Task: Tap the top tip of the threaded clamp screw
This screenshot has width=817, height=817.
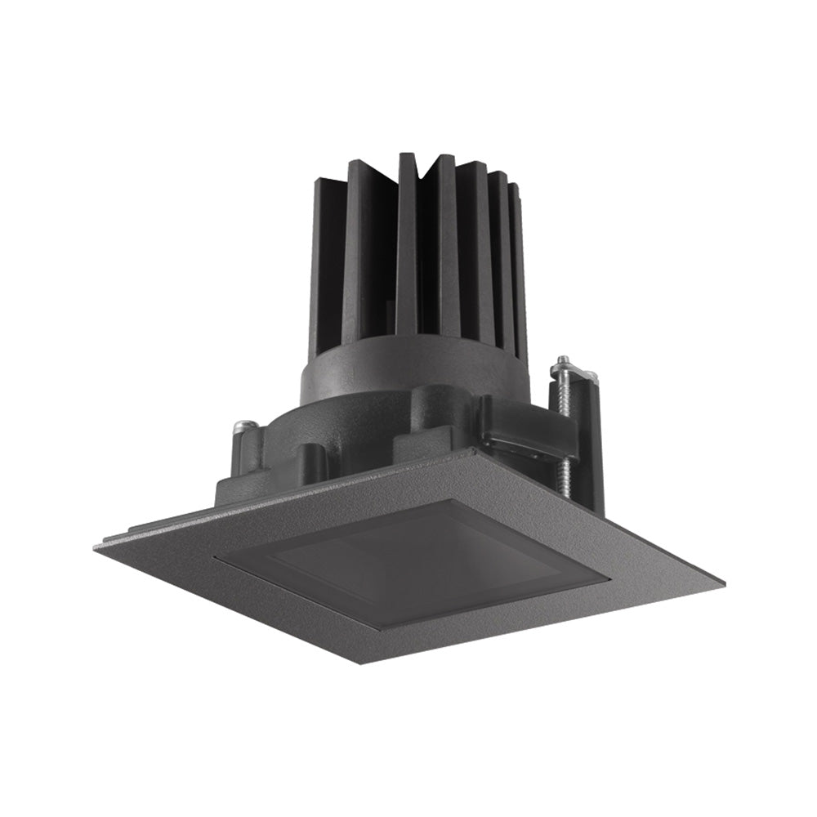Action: pos(563,360)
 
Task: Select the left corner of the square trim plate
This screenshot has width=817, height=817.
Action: pos(95,546)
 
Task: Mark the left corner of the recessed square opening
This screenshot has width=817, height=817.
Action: pos(214,558)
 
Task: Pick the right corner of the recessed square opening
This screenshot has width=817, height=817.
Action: pos(609,582)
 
